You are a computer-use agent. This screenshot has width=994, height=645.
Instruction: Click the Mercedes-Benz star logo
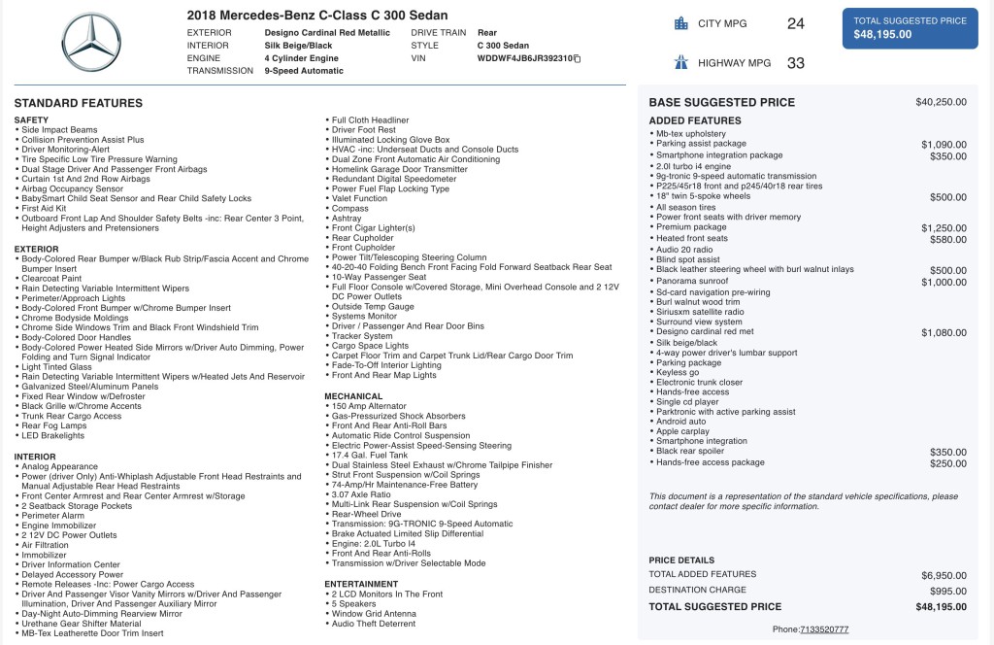92,43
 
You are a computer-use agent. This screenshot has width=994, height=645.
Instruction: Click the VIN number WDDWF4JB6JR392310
524,58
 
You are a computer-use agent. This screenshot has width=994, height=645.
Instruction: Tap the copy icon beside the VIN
578,59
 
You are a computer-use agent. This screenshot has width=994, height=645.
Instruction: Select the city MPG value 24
796,23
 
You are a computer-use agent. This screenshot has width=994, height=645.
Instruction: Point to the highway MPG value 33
796,63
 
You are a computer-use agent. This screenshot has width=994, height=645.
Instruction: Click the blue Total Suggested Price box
910,27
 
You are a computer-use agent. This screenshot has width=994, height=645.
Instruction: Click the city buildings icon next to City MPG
680,23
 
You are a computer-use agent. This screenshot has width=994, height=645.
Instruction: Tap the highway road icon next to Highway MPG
680,63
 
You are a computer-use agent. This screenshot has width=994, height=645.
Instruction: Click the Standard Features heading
79,103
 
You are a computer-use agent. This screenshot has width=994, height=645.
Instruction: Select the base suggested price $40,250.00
941,102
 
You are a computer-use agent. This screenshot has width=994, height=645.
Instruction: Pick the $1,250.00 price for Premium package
944,227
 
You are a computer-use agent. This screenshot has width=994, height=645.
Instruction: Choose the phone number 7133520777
823,629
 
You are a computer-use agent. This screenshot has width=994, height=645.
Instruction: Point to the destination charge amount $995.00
946,591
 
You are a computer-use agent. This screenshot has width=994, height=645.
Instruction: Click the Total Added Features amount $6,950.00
944,575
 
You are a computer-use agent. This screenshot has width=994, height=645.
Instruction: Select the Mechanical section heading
354,396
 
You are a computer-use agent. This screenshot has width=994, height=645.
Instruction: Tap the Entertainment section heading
361,584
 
